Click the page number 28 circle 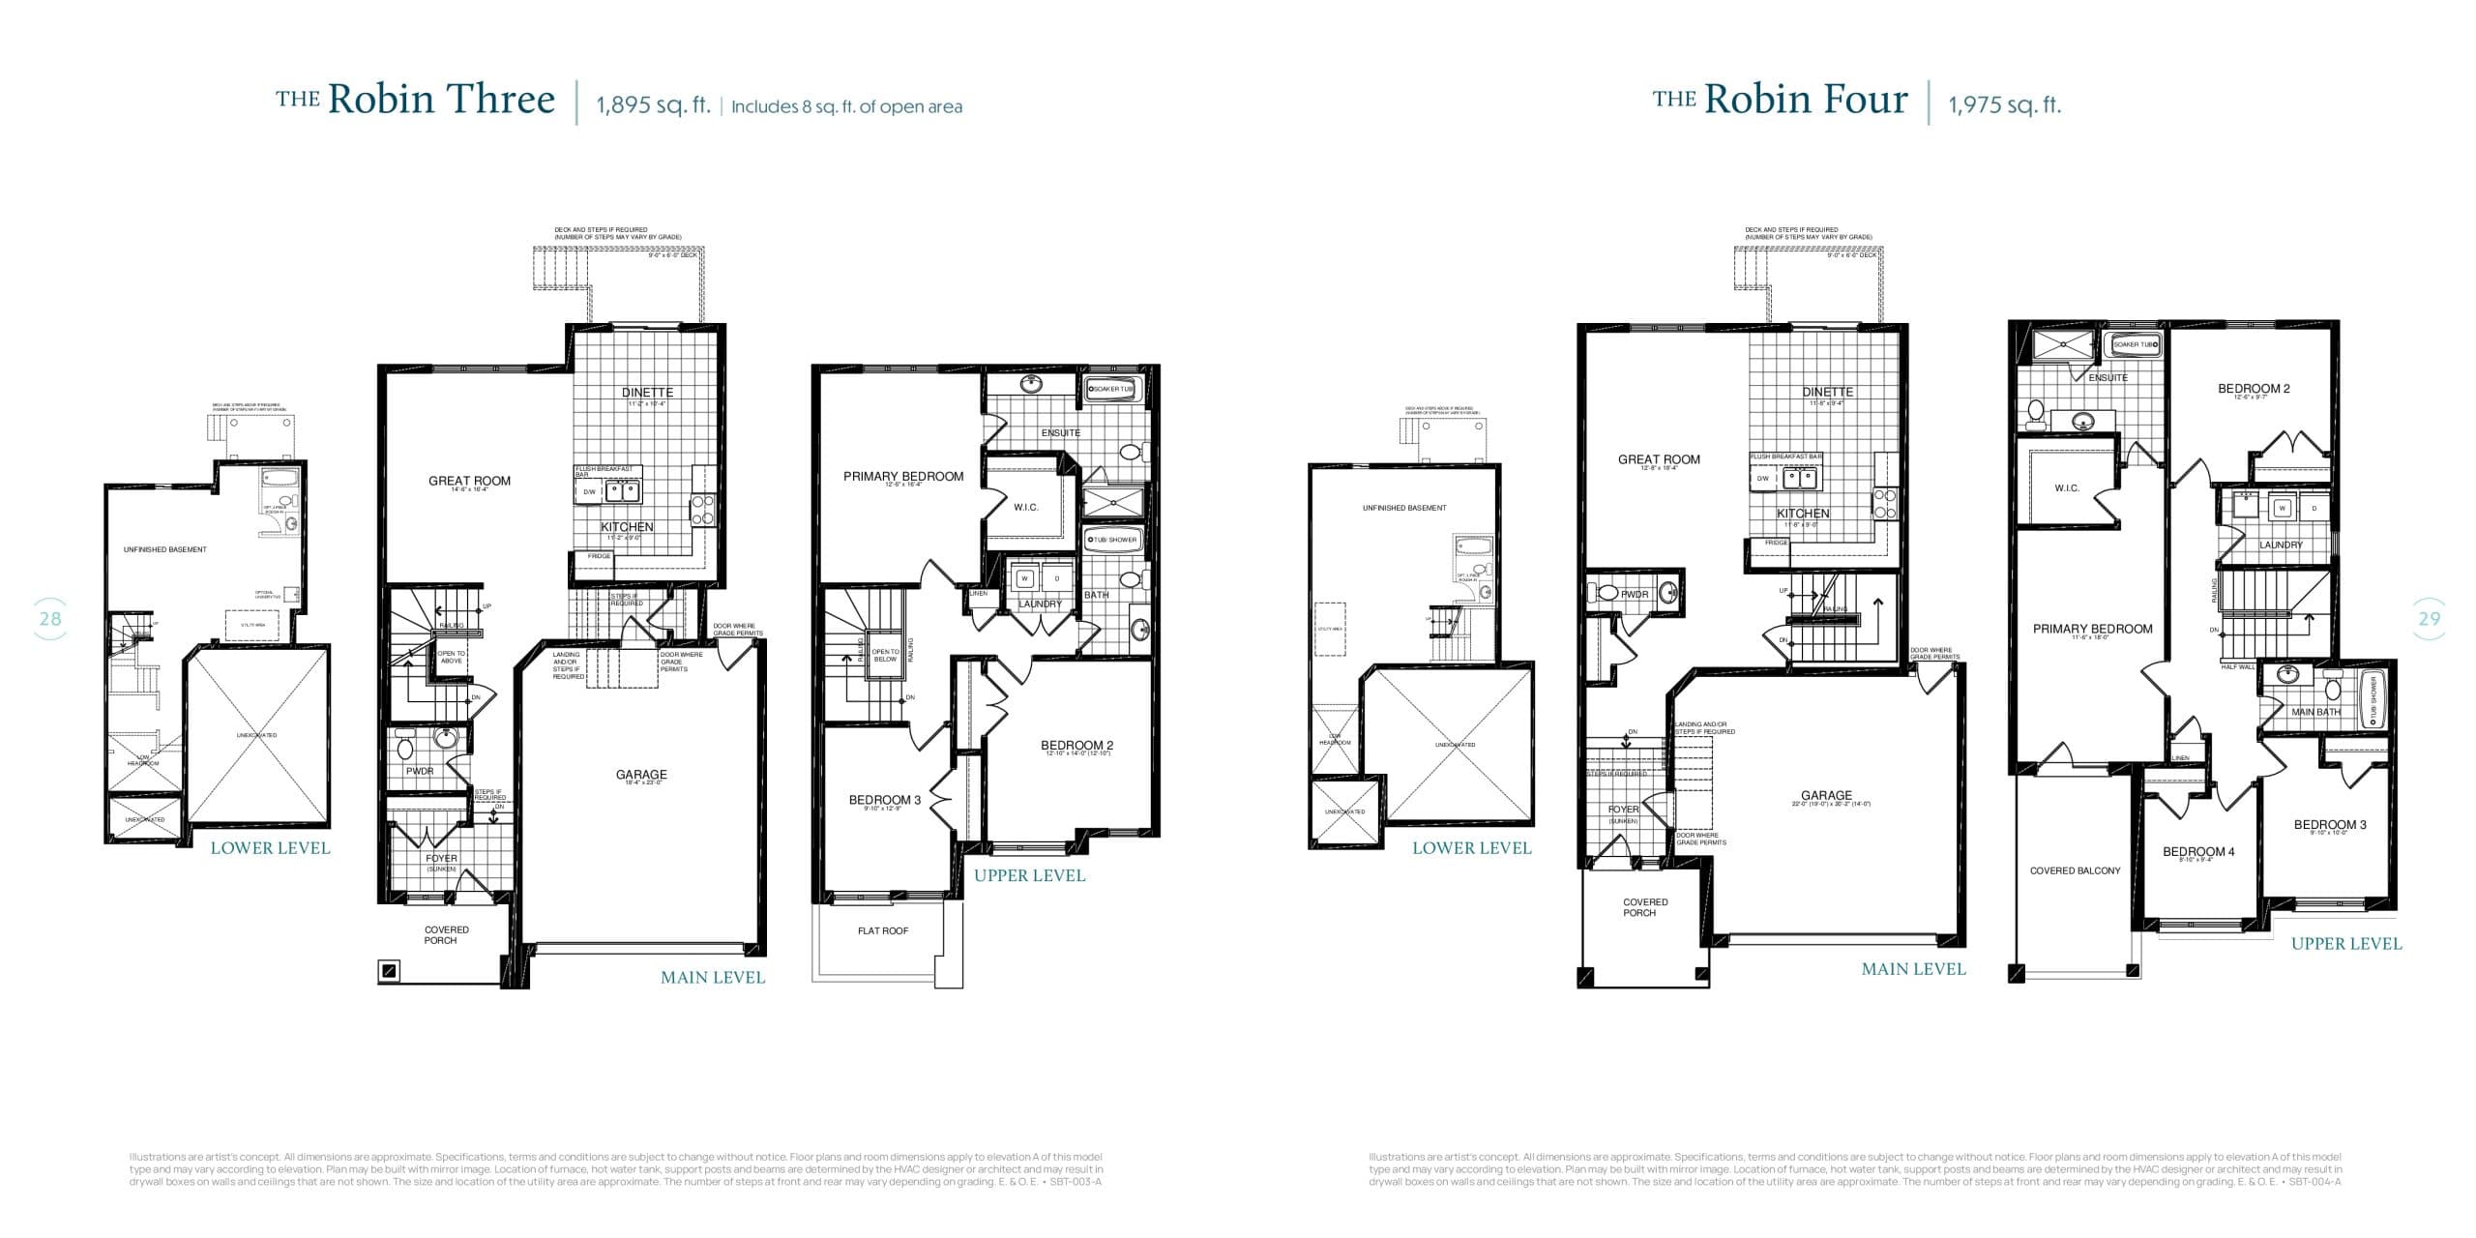(49, 619)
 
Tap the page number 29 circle (2429, 619)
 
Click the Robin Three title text (416, 100)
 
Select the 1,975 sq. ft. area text (2004, 105)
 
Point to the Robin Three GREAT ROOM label (469, 481)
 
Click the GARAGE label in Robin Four (1826, 795)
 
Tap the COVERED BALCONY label (2075, 870)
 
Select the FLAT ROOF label (882, 930)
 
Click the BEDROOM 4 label (2198, 851)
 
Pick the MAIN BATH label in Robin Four (2315, 712)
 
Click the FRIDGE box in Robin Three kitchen (599, 556)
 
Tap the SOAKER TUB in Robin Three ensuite (1113, 389)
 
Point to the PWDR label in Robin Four (1635, 594)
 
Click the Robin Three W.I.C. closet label (1025, 507)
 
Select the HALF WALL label (2237, 666)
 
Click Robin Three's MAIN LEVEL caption (712, 978)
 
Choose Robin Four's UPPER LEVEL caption (2345, 944)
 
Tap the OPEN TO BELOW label (884, 656)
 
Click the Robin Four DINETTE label (1827, 392)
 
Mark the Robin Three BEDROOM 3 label (884, 800)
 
